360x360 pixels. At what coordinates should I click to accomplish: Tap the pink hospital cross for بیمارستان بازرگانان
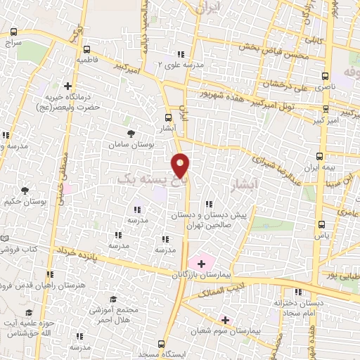[x=202, y=263]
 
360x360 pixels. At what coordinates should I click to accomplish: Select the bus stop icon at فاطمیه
[x=86, y=50]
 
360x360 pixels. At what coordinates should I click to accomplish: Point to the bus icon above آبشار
[x=169, y=118]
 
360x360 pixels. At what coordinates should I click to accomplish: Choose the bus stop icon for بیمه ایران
[x=321, y=156]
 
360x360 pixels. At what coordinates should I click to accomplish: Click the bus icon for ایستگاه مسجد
[x=162, y=344]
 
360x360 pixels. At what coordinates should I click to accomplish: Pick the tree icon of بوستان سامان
[x=131, y=133]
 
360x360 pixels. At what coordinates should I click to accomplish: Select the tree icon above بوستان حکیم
[x=25, y=190]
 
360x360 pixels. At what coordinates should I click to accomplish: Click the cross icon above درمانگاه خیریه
[x=67, y=86]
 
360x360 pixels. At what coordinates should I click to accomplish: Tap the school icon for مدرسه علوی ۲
[x=181, y=54]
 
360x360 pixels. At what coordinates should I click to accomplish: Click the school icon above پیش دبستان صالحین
[x=209, y=204]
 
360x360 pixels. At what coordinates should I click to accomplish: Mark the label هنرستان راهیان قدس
[x=28, y=285]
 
